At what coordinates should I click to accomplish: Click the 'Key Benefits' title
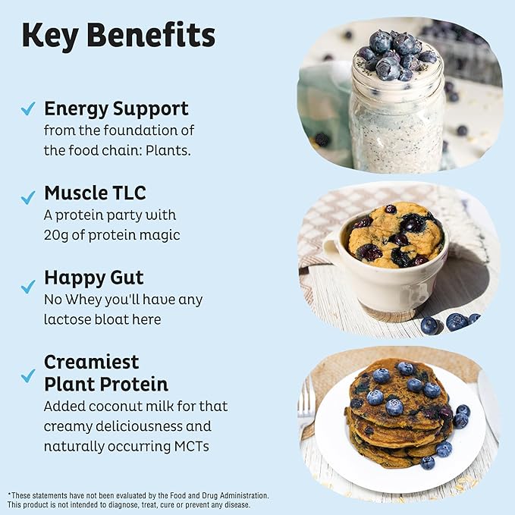coord(118,36)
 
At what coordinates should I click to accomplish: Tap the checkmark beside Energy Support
coord(28,109)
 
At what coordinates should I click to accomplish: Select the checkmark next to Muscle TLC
coord(28,197)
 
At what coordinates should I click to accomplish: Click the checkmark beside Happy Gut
coord(28,286)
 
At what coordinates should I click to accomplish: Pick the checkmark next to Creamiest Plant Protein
coord(28,375)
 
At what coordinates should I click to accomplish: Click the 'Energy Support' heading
coord(116,108)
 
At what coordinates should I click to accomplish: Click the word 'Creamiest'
coord(92,362)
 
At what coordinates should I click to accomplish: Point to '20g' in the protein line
coord(58,235)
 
